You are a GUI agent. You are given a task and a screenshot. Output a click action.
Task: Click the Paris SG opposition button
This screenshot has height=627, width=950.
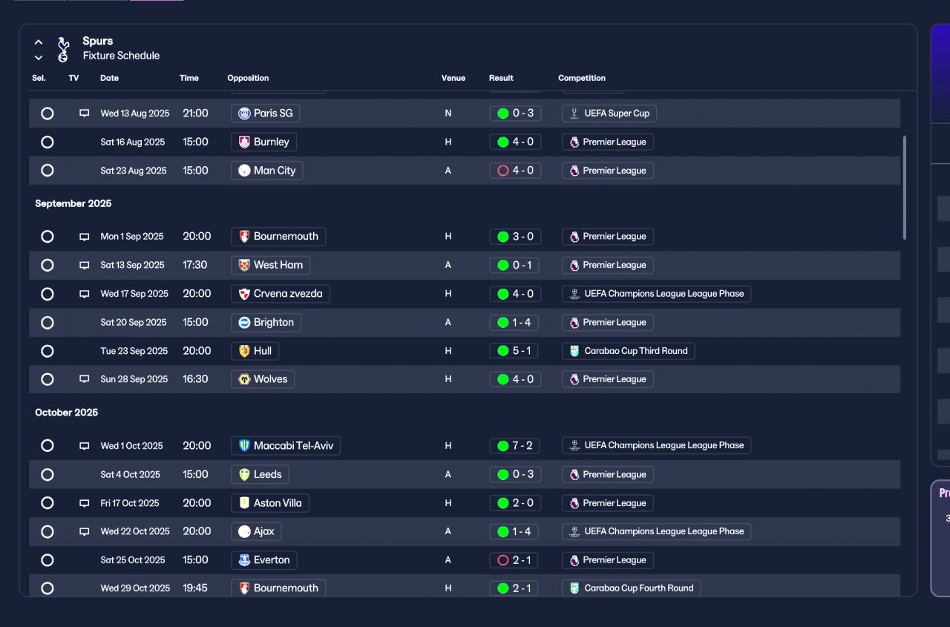265,114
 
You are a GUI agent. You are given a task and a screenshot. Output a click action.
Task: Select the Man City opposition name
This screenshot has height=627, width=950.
275,171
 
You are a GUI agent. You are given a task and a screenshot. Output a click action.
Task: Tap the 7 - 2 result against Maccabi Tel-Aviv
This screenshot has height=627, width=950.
514,445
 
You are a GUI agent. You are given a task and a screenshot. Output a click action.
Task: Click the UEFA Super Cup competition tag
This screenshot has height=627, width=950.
609,114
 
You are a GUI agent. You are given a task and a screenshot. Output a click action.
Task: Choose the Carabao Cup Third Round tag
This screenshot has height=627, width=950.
628,351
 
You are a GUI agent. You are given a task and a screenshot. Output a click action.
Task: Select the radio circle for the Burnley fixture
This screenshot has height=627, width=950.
47,142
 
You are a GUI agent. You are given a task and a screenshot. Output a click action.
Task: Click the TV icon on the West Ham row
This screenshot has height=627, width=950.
85,266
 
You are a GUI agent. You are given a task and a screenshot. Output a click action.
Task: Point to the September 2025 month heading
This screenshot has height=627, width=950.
73,203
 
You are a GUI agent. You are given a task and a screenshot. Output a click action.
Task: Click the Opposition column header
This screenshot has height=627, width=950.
248,78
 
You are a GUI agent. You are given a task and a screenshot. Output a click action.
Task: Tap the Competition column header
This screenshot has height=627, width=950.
582,78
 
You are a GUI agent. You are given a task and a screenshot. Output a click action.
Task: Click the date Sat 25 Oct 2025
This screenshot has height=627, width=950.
133,560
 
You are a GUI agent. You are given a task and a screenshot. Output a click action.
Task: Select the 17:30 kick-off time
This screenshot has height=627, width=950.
195,265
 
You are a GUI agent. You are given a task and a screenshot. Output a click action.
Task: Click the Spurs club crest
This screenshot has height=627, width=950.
63,49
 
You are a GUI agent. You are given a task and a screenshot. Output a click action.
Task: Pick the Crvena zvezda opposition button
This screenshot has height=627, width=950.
281,294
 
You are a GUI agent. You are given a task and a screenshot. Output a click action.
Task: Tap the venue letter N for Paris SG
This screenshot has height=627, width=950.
448,114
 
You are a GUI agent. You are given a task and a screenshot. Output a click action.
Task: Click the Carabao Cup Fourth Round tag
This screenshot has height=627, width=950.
631,588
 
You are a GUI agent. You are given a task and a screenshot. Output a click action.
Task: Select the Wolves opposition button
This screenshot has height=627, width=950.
263,379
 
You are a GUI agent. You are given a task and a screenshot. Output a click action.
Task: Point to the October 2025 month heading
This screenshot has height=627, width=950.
67,413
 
